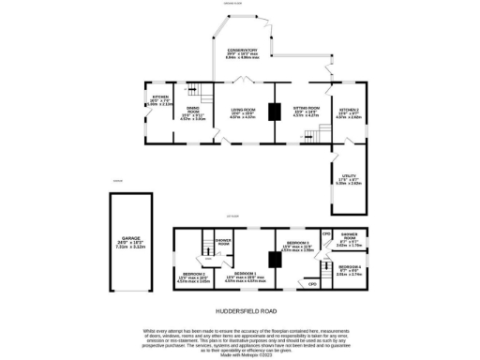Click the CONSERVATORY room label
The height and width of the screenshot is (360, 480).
[242, 51]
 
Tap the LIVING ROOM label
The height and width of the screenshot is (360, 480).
[243, 112]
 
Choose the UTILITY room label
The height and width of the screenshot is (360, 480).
[348, 180]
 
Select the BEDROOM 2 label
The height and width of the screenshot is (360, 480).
[192, 277]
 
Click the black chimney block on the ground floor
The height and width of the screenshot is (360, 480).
[274, 112]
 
